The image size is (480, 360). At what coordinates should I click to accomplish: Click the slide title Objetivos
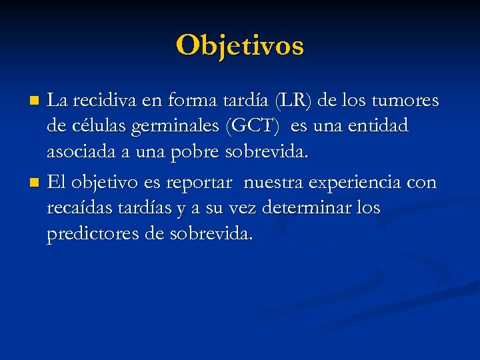click(240, 45)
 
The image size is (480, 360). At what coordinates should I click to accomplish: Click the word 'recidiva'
click(97, 101)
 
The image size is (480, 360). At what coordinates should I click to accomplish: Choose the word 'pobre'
click(189, 152)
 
